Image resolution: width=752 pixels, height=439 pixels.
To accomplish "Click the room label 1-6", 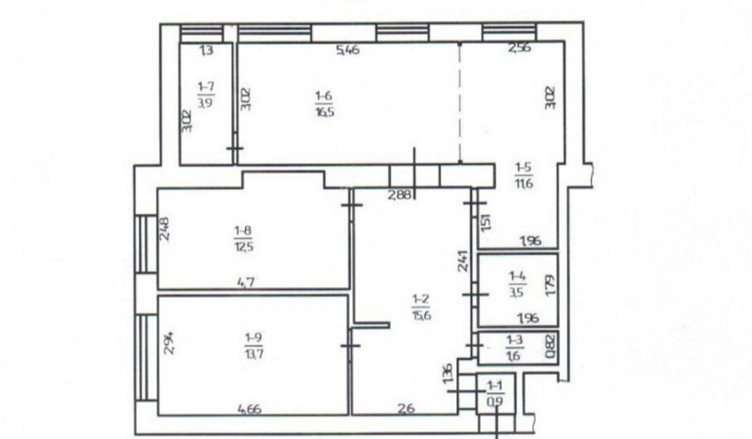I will [323, 95].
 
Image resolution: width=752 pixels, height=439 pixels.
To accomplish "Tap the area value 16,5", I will [323, 110].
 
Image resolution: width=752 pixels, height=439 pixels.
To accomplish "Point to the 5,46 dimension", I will [348, 51].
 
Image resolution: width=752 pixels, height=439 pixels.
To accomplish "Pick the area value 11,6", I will [524, 181].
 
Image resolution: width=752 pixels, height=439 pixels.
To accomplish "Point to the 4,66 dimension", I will [251, 410].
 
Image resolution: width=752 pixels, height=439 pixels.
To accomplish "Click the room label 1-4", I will [517, 276].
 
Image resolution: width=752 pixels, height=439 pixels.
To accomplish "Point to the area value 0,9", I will [495, 400].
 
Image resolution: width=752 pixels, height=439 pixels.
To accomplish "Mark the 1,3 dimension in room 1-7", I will [206, 51].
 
